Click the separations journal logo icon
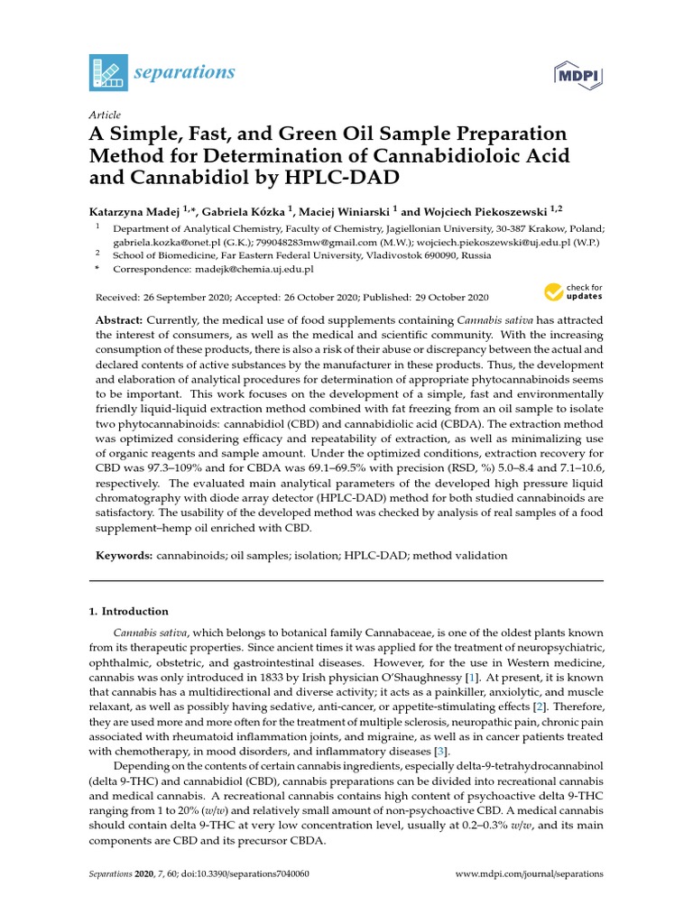(107, 71)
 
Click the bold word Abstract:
(121, 321)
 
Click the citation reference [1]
(470, 677)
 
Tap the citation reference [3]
(439, 751)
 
